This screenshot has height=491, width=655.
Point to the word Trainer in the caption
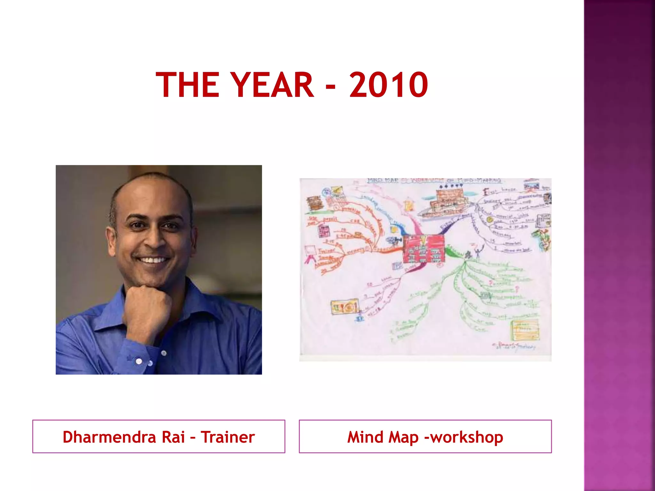(227, 437)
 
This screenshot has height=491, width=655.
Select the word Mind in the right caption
(365, 437)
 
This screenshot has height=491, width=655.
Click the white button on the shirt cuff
(139, 361)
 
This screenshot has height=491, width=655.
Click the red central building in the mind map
(423, 249)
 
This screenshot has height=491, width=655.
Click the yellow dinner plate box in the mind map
(344, 307)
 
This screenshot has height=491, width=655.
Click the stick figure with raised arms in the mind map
(478, 251)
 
